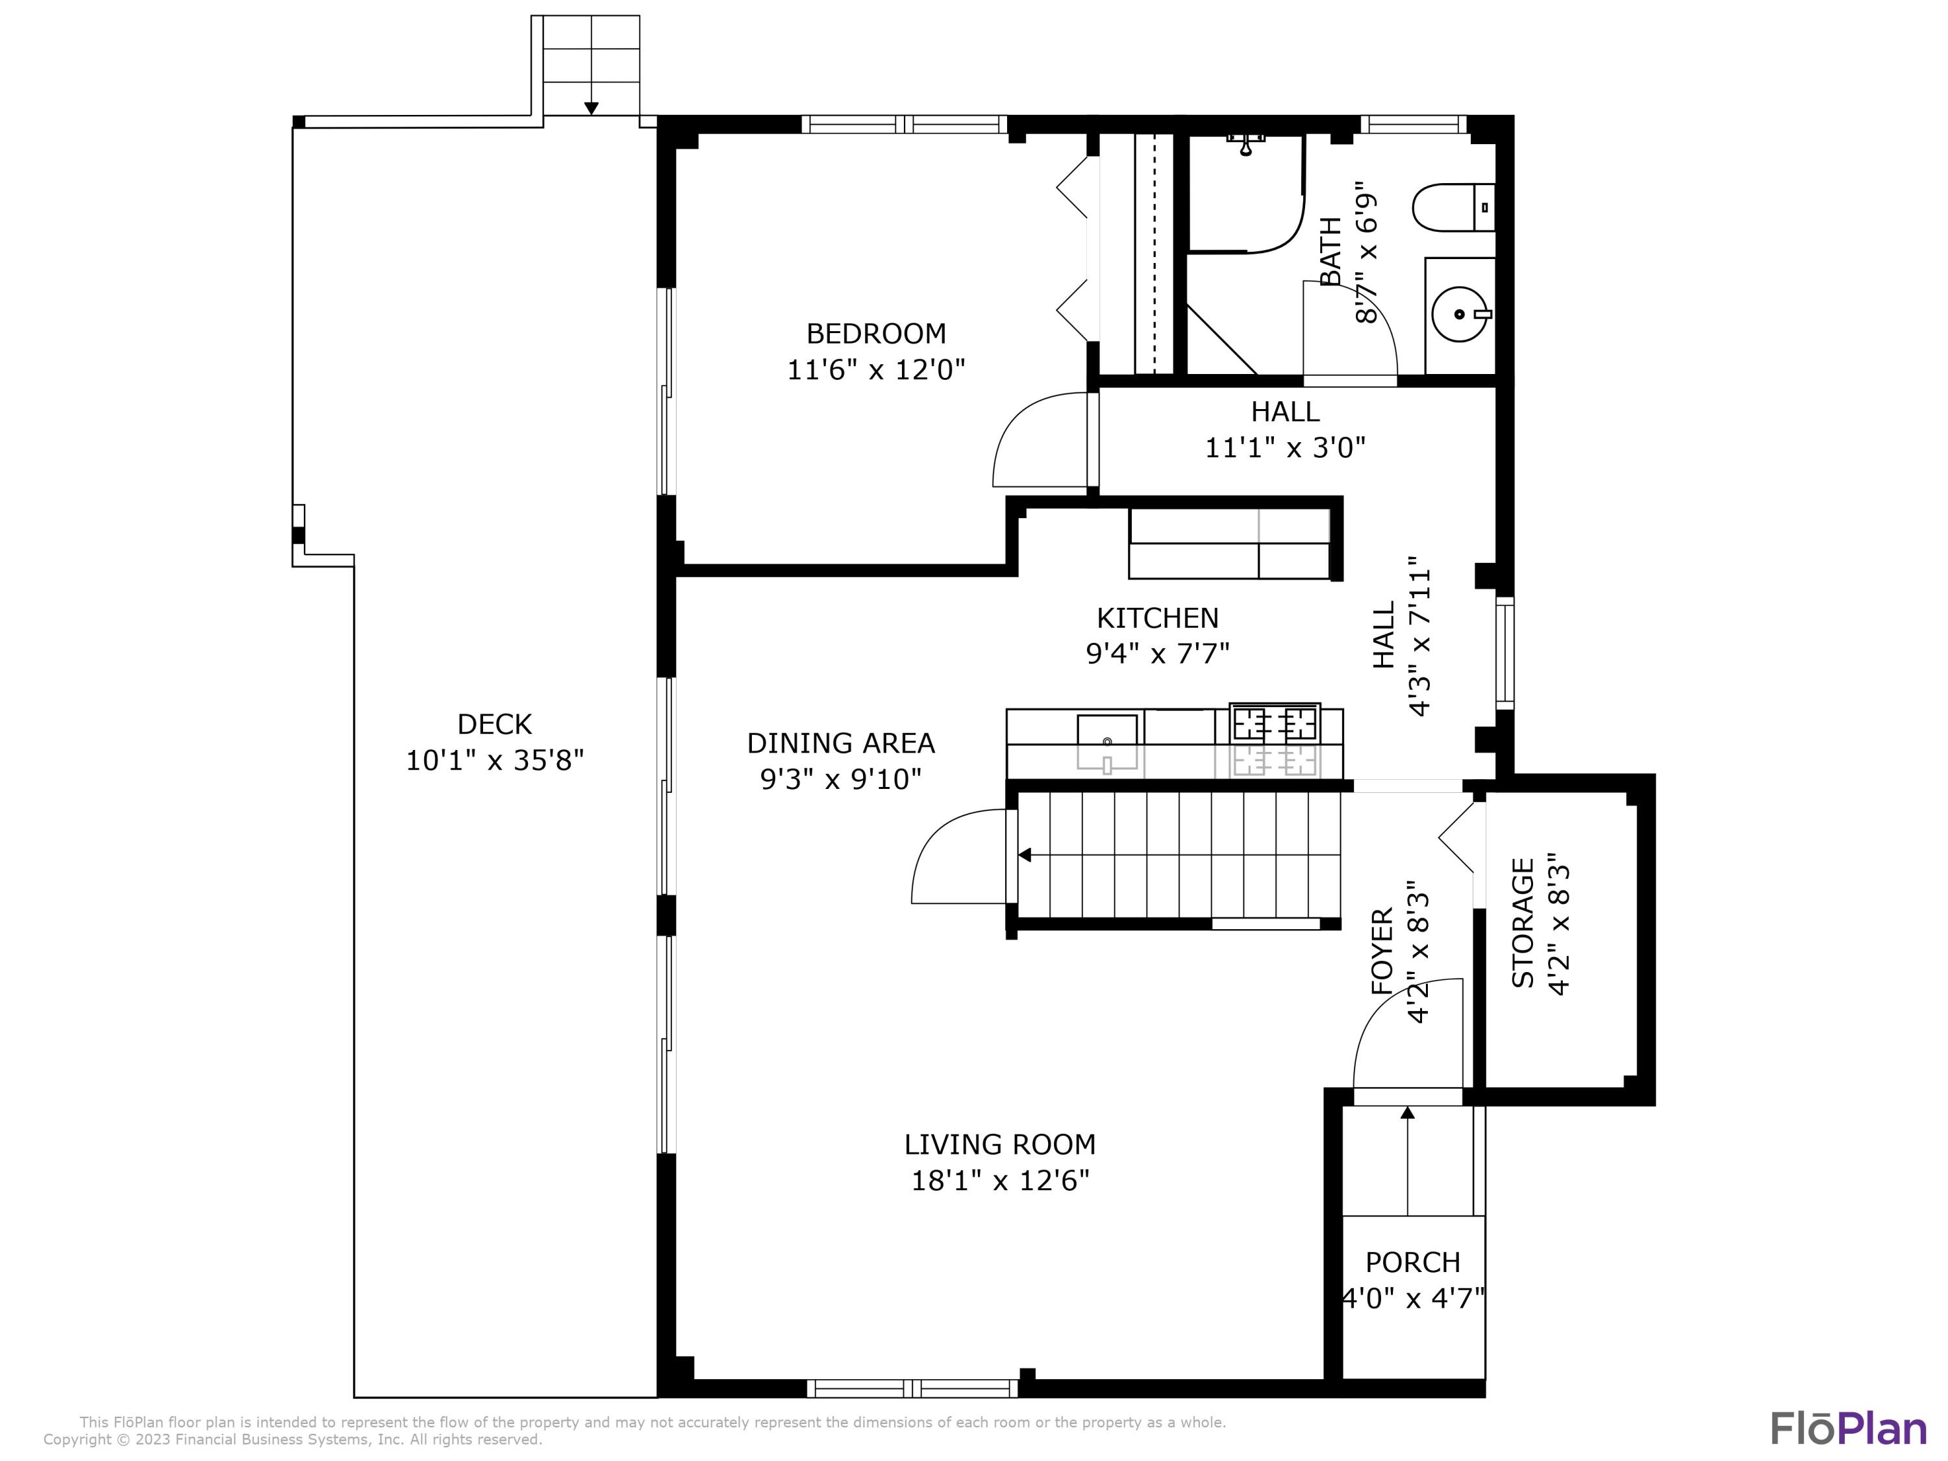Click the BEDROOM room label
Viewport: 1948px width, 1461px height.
pyautogui.click(x=875, y=334)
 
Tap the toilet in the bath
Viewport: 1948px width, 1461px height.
pyautogui.click(x=1451, y=208)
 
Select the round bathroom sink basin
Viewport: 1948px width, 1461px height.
pyautogui.click(x=1459, y=314)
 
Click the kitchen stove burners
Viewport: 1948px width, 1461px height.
pyautogui.click(x=1274, y=724)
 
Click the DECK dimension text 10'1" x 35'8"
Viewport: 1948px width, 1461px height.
pyautogui.click(x=494, y=760)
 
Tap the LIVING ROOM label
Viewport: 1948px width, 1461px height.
pyautogui.click(x=999, y=1144)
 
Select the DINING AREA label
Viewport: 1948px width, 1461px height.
pyautogui.click(x=840, y=743)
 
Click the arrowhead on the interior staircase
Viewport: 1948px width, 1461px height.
pyautogui.click(x=1024, y=855)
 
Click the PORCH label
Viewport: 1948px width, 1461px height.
pyautogui.click(x=1412, y=1262)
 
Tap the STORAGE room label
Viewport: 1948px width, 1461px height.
pyautogui.click(x=1523, y=923)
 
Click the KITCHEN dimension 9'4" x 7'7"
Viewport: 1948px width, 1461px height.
pyautogui.click(x=1157, y=653)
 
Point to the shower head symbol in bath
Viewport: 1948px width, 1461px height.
pyautogui.click(x=1245, y=145)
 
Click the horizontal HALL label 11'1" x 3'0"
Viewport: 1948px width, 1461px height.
pyautogui.click(x=1285, y=447)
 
